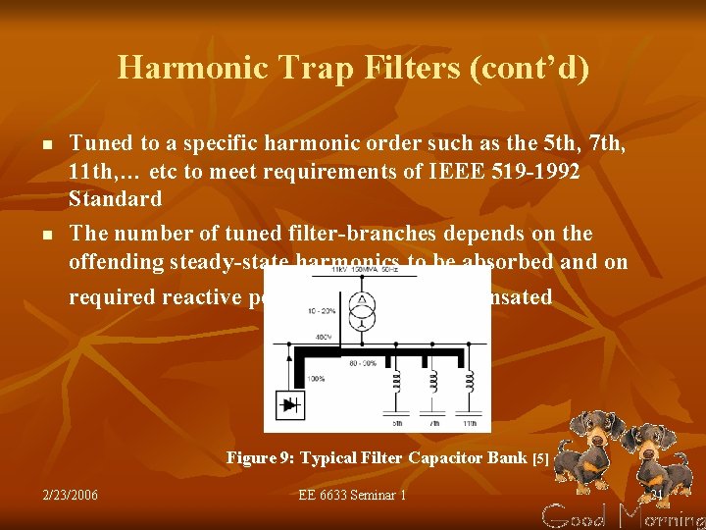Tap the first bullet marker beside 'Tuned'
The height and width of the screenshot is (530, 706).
[x=46, y=145]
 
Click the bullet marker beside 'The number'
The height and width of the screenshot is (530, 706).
[x=46, y=236]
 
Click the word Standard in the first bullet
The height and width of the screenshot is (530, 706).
[x=115, y=199]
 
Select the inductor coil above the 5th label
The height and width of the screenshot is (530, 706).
[x=398, y=379]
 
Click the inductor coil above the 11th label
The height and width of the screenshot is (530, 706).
[x=471, y=379]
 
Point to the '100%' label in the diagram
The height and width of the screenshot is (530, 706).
[x=316, y=378]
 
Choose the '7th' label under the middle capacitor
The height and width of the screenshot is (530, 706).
[x=433, y=423]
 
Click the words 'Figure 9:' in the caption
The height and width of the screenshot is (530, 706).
[x=261, y=458]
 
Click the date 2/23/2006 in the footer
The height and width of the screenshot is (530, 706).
[x=71, y=495]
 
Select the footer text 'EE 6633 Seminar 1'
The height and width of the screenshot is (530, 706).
[x=352, y=495]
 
